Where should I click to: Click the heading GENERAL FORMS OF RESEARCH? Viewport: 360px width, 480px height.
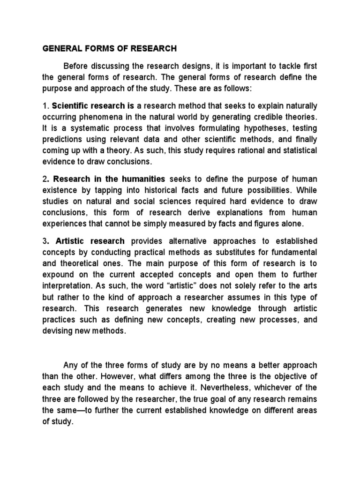point(110,48)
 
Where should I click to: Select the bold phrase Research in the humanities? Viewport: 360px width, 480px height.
point(109,179)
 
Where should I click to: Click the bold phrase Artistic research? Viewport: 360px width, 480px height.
point(90,241)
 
